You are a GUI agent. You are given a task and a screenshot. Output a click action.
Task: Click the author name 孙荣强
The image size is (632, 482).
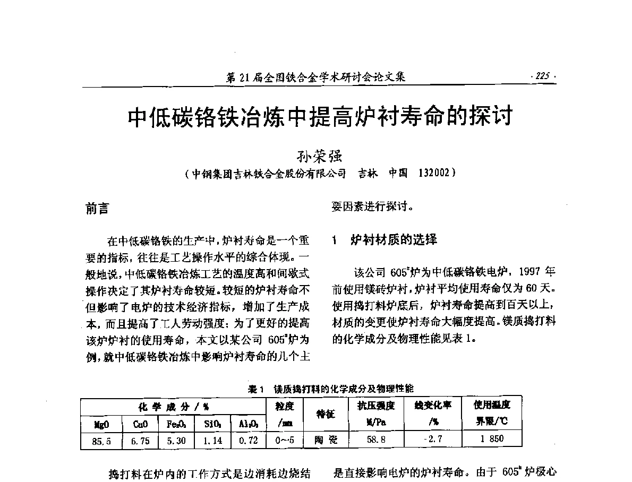(315, 157)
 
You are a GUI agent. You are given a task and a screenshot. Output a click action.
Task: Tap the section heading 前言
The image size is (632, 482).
(97, 209)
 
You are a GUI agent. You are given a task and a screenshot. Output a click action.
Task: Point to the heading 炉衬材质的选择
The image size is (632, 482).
(394, 240)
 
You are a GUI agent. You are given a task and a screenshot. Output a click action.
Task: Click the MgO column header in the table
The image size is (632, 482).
(101, 424)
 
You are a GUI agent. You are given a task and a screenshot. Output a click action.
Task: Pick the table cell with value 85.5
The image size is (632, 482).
(101, 440)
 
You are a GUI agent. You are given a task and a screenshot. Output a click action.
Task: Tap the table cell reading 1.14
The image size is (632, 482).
(212, 440)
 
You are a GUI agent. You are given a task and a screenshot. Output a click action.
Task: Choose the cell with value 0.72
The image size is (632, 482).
(248, 440)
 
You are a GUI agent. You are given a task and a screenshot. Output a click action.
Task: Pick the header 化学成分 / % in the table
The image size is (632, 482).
(174, 407)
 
